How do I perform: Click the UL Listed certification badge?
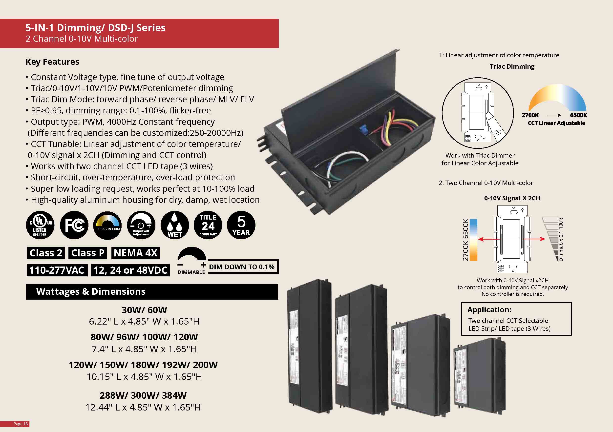[x=40, y=225]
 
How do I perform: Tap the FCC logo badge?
[x=74, y=225]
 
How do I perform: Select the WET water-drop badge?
[x=175, y=225]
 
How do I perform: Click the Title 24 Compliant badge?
[x=208, y=225]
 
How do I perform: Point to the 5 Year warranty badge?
[x=241, y=225]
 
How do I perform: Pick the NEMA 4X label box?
[x=135, y=253]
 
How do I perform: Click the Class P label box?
[x=87, y=253]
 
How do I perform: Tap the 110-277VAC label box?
[x=57, y=270]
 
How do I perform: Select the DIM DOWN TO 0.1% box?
[x=242, y=267]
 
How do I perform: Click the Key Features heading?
[x=52, y=62]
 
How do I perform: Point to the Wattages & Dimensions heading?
[x=91, y=291]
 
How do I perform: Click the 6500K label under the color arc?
[x=578, y=115]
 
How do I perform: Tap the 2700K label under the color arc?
[x=530, y=115]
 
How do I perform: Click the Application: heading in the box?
[x=489, y=309]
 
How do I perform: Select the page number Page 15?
[x=21, y=424]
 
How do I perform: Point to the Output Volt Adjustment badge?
[x=141, y=225]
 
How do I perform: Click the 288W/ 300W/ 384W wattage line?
[x=143, y=395]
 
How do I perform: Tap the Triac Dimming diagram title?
[x=512, y=66]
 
